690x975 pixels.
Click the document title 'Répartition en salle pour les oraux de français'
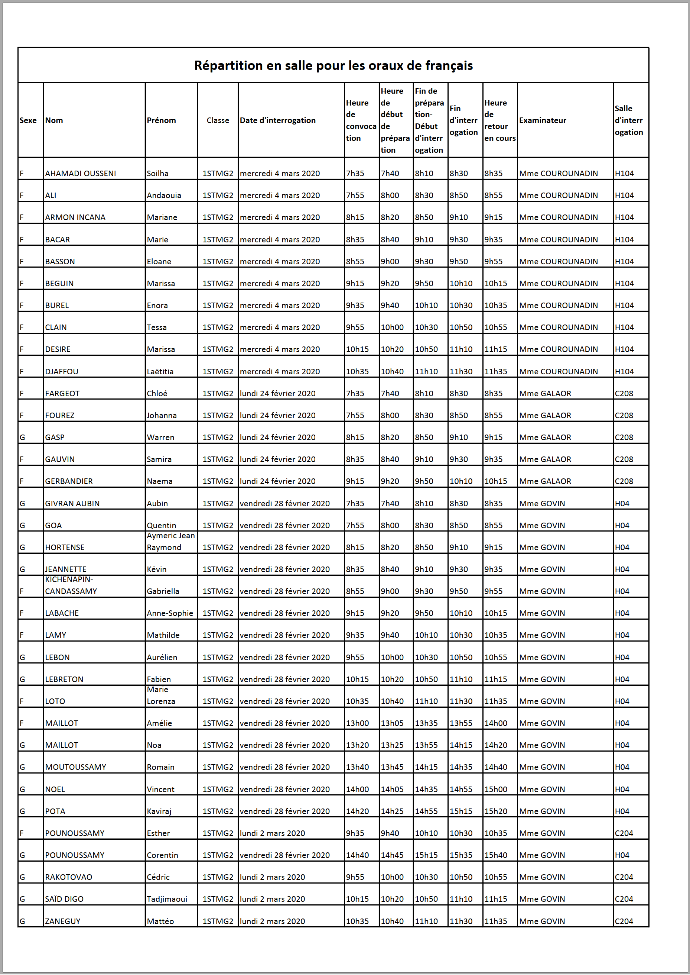(x=333, y=65)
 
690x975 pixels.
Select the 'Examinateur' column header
(x=543, y=120)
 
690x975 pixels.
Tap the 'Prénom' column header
(x=161, y=120)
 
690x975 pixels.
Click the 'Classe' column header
(x=218, y=120)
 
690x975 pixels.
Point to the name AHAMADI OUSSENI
(x=80, y=174)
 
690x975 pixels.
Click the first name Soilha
(x=157, y=174)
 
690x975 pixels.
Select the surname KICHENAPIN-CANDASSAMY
(x=71, y=585)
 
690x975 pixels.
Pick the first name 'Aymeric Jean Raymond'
(x=170, y=542)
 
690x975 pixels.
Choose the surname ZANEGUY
(x=62, y=921)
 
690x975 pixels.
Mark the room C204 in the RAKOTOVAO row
(x=624, y=877)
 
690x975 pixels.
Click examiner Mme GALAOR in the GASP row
(x=545, y=438)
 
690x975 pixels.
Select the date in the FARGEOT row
(x=277, y=393)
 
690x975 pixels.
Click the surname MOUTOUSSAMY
(x=76, y=767)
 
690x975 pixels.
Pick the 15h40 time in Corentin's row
(x=495, y=855)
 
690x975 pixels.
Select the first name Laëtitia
(x=160, y=372)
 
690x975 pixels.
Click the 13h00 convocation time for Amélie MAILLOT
(x=357, y=723)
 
